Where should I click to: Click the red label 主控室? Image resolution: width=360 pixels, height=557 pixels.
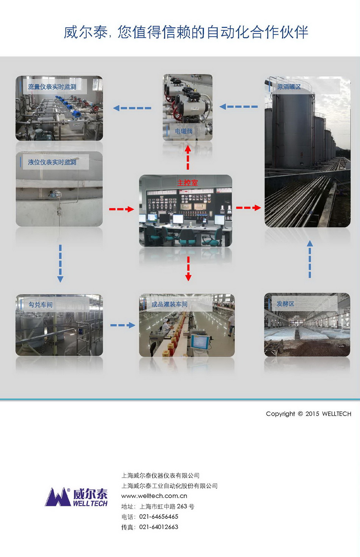pos(187,183)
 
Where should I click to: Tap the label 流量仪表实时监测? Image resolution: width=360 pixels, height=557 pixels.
pos(52,87)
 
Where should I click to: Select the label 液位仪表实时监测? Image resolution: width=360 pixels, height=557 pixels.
pos(52,162)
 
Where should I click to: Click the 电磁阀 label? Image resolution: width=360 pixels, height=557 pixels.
pos(184,131)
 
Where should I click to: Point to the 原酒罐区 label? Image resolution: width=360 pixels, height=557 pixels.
pos(289,87)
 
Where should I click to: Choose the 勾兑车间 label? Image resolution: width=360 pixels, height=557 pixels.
pos(41,304)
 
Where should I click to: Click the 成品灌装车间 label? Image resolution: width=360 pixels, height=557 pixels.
pos(169,304)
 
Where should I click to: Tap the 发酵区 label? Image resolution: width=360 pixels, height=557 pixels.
pos(285,304)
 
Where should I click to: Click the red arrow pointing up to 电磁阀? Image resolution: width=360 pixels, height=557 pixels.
pos(188,158)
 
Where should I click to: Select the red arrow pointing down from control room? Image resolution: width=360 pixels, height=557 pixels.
pos(188,268)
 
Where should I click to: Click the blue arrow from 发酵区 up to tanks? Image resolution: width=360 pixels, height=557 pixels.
pos(310,259)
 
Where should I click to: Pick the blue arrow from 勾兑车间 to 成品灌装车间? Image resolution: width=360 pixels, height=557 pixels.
pos(123,325)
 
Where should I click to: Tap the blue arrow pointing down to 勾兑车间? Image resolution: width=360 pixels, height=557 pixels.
pos(60,264)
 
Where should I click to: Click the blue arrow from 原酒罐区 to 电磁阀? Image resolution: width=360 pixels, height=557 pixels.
pos(239,107)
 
